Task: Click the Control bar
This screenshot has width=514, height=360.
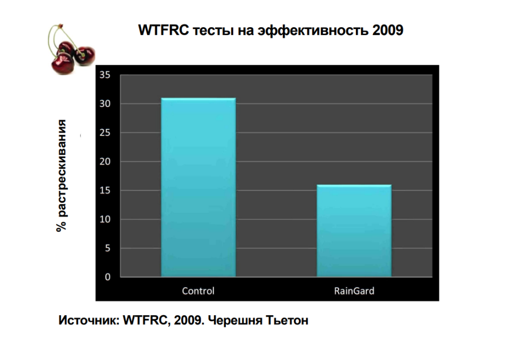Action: pos(198,187)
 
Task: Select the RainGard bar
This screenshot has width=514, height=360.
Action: pos(354,231)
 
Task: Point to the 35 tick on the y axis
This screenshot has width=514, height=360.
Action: pos(105,75)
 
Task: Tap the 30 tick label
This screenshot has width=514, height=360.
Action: pos(105,103)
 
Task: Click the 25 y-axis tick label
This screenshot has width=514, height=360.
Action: pos(105,133)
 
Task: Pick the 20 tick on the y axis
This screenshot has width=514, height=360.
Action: pos(105,161)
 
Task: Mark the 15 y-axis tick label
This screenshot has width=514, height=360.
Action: pos(105,190)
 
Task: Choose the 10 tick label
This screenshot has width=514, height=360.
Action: pos(105,219)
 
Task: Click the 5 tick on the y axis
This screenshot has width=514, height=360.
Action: pos(107,248)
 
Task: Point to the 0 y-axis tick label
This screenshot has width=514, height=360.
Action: pos(107,277)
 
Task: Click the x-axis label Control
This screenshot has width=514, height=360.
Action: pos(198,291)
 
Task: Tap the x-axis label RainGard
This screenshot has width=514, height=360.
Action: pos(354,291)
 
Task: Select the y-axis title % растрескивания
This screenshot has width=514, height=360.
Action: pos(61,176)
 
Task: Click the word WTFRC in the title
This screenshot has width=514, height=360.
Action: pos(164,30)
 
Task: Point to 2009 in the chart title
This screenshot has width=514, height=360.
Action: pos(388,30)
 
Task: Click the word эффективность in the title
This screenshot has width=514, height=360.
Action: pos(313,31)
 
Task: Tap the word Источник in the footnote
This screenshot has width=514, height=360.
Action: pos(89,320)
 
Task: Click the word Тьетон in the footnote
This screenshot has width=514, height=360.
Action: pos(287,320)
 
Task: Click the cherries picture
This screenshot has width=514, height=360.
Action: pos(71,49)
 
